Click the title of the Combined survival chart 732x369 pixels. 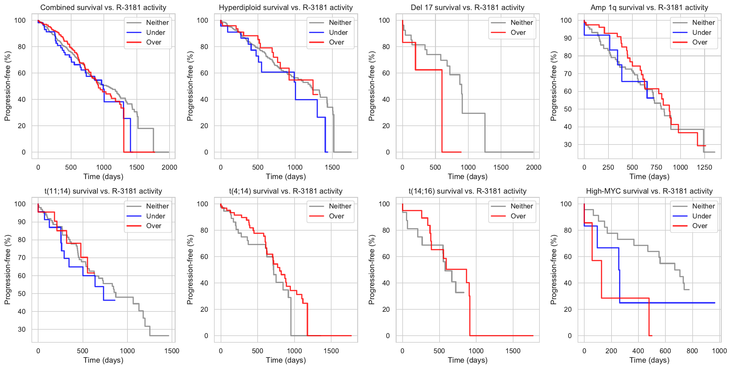[x=103, y=8]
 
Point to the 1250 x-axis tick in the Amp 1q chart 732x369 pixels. [x=704, y=167]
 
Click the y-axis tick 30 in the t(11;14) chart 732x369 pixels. [x=22, y=329]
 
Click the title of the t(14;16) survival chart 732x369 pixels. [x=467, y=191]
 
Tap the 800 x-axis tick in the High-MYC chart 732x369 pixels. [x=692, y=351]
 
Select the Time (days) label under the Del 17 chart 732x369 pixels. [x=467, y=177]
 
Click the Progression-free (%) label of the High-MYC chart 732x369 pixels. [x=554, y=270]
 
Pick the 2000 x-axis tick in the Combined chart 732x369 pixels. [x=169, y=167]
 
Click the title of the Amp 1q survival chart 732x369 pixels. [x=649, y=8]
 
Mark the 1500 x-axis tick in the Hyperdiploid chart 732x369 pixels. [x=332, y=167]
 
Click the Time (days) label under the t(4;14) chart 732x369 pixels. [x=286, y=360]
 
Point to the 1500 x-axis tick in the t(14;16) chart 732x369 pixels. [x=513, y=351]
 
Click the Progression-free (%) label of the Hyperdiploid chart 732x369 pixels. [x=190, y=86]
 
